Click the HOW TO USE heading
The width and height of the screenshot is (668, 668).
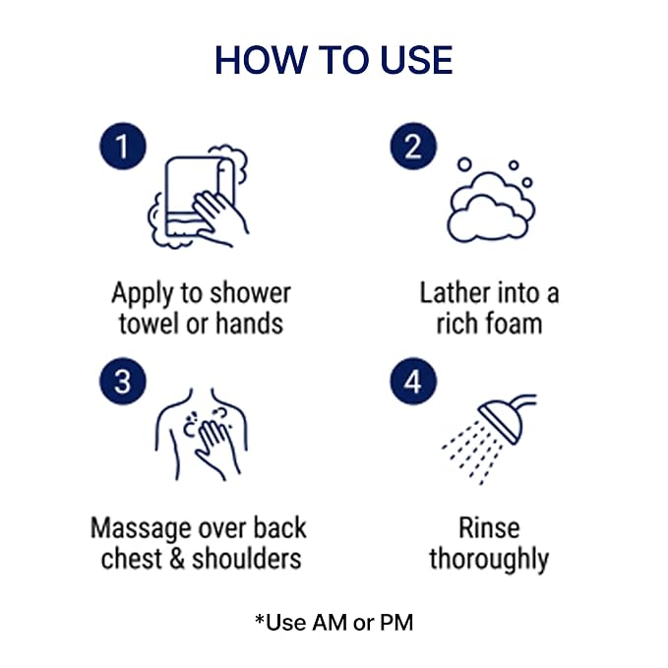[334, 60]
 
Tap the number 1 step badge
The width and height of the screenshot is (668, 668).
[123, 147]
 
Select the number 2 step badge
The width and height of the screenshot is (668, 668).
[413, 147]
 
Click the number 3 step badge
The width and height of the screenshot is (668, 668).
[123, 381]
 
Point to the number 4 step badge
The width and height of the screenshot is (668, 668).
[413, 381]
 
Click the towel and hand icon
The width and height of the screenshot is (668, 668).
[198, 197]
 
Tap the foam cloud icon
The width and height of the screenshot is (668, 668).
[491, 200]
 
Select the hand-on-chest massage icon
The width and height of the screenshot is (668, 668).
[201, 435]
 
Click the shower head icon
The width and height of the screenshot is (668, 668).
[489, 439]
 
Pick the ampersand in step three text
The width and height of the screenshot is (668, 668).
[177, 559]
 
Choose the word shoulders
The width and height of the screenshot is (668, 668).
[247, 559]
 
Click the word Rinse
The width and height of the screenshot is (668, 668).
[489, 528]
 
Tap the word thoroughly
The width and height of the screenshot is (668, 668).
[489, 560]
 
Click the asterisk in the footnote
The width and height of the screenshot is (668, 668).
[260, 619]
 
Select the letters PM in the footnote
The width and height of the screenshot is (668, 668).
[396, 623]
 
